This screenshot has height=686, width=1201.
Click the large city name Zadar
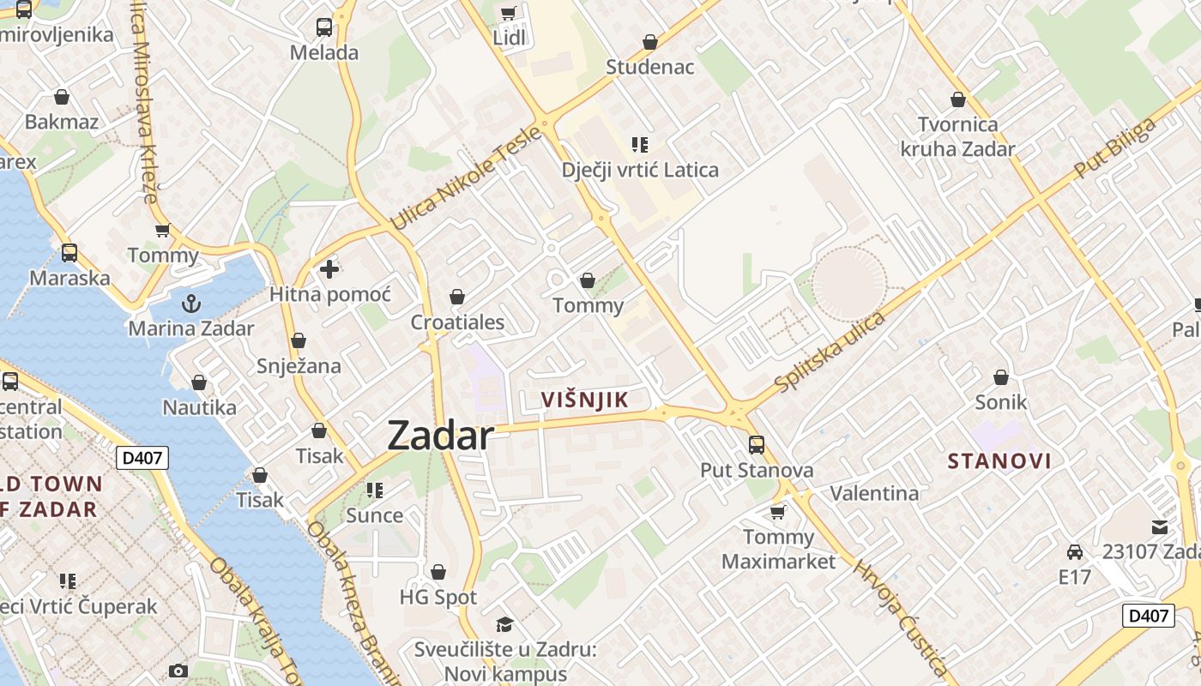(x=440, y=436)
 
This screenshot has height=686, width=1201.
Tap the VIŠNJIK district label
(x=585, y=400)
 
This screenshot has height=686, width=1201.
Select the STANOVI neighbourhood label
(x=999, y=461)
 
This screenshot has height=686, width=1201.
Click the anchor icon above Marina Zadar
(x=191, y=303)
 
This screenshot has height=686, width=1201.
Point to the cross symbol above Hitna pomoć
(x=329, y=269)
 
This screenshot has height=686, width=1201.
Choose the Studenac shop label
(x=649, y=67)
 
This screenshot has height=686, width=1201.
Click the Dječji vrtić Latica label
(x=640, y=170)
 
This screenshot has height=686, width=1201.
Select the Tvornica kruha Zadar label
(x=957, y=137)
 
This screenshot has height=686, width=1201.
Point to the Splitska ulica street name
(x=829, y=352)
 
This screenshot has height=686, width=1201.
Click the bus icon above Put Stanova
(x=756, y=444)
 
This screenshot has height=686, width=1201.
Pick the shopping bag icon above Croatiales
(x=457, y=297)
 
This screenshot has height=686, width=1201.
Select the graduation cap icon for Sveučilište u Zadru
(x=504, y=624)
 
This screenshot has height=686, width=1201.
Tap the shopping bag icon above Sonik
(x=1000, y=376)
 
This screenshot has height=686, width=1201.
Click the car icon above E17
(x=1074, y=551)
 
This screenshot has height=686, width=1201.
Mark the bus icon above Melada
(x=323, y=27)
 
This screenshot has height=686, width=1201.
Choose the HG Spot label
(x=438, y=597)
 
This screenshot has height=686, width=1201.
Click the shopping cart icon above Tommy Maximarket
(x=777, y=512)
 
